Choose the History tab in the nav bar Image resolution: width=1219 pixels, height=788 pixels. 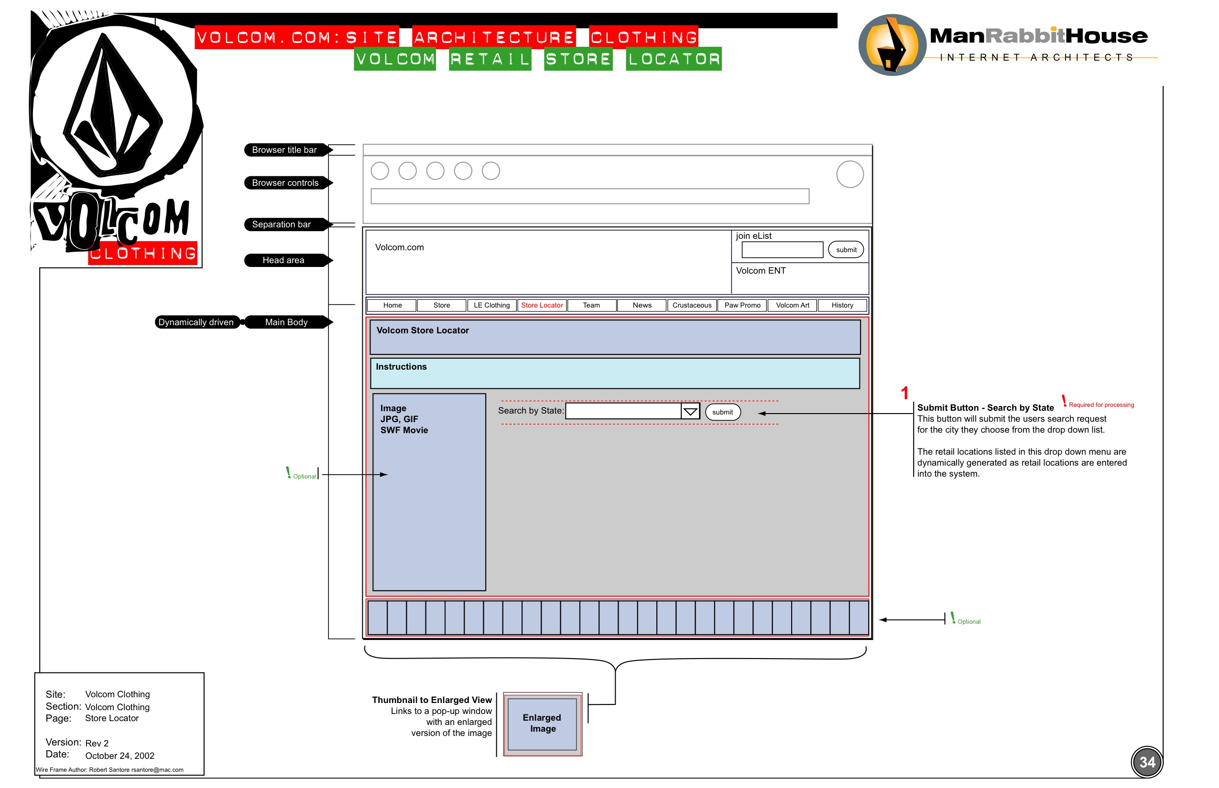click(842, 306)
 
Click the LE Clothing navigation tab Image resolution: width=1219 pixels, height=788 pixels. click(492, 306)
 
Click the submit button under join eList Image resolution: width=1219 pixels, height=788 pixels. click(846, 250)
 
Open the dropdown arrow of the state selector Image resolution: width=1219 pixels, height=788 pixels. click(690, 411)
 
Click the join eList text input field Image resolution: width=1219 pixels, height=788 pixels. click(782, 250)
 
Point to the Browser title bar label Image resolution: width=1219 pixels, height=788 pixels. click(285, 150)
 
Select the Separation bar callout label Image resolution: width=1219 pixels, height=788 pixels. click(282, 224)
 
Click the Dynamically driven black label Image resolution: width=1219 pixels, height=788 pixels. click(196, 322)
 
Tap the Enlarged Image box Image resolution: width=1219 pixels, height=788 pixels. click(543, 724)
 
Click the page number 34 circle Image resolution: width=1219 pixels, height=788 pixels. click(1147, 762)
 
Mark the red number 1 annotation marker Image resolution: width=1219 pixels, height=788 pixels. click(904, 393)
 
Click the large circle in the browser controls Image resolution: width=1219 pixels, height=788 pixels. click(850, 174)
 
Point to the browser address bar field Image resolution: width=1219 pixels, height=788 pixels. click(589, 196)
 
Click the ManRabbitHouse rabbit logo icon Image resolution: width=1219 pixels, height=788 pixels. click(892, 45)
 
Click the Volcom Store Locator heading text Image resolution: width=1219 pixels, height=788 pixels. click(423, 330)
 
